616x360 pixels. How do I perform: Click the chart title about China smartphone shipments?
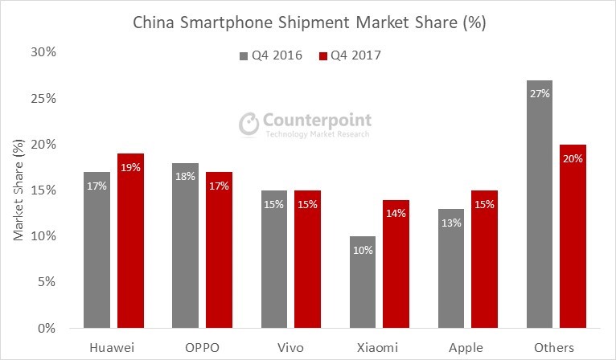pyautogui.click(x=309, y=23)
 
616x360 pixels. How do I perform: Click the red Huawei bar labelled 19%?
pyautogui.click(x=130, y=241)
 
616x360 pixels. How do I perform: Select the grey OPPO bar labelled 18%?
pyautogui.click(x=185, y=245)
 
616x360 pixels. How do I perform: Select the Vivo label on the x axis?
pyautogui.click(x=290, y=347)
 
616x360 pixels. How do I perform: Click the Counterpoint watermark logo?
pyautogui.click(x=306, y=124)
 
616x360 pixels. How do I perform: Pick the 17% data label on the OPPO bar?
pyautogui.click(x=219, y=186)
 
